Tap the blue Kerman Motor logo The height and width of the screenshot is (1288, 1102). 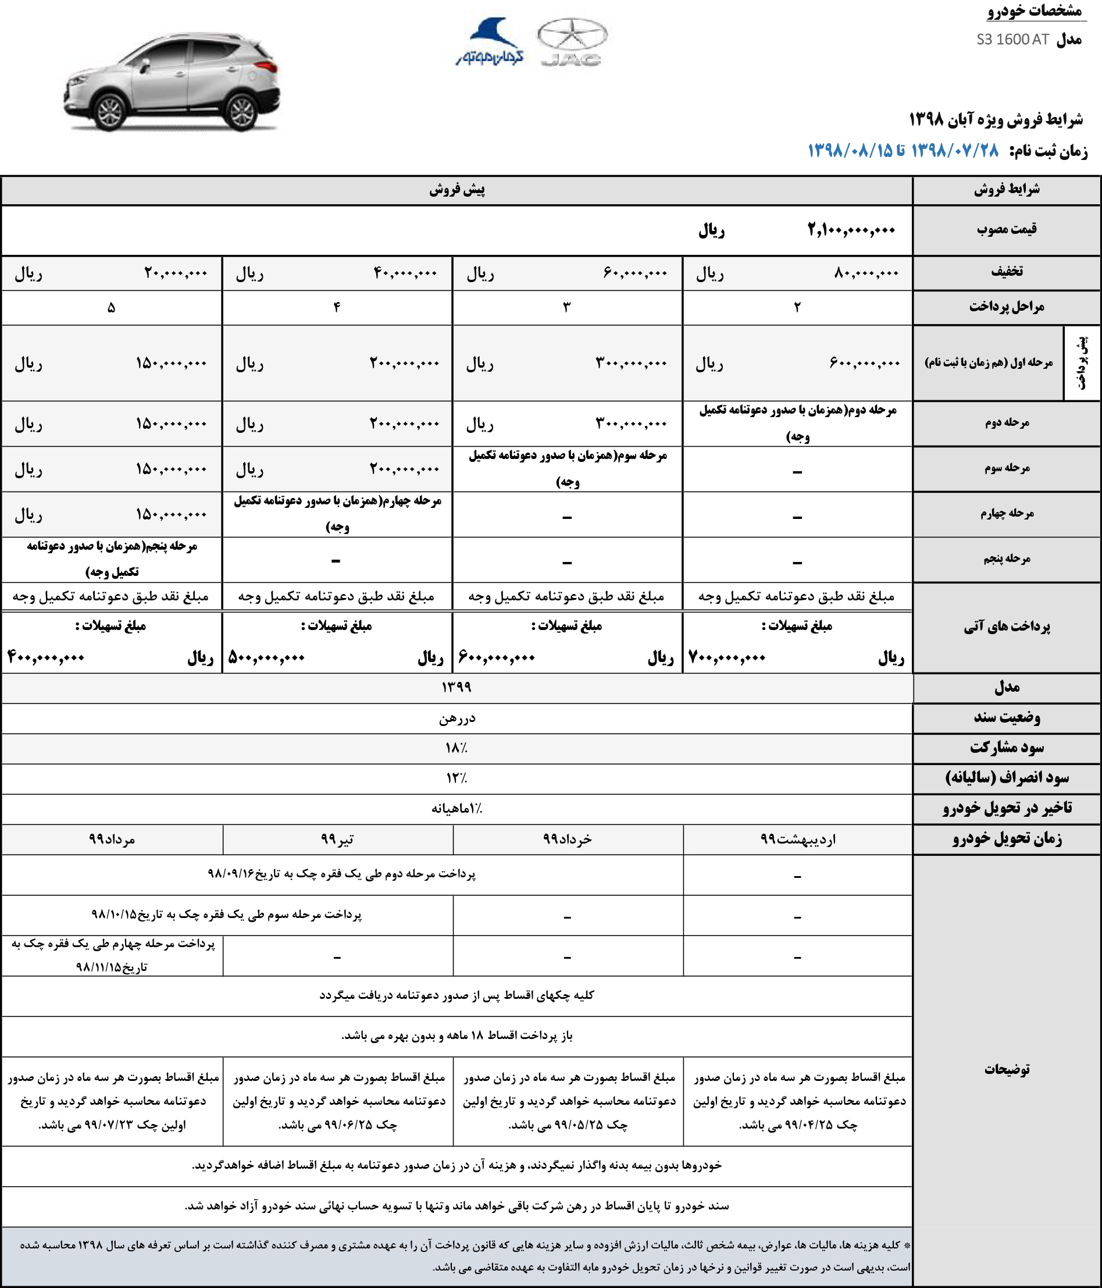[x=490, y=42]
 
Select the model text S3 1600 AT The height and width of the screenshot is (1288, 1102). [x=1012, y=40]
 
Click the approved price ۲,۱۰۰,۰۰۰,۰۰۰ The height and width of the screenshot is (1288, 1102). [x=851, y=230]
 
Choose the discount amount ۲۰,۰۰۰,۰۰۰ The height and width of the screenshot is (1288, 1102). [x=175, y=273]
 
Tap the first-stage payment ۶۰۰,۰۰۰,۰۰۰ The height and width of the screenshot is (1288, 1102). [x=865, y=362]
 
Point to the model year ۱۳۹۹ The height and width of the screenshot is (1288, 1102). [x=457, y=688]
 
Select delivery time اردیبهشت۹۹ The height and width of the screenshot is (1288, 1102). [x=797, y=840]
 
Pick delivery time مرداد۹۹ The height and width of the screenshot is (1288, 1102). [x=112, y=840]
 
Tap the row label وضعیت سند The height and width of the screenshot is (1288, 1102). [x=1006, y=718]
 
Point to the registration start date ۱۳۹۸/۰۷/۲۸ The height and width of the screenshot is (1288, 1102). [x=955, y=151]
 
